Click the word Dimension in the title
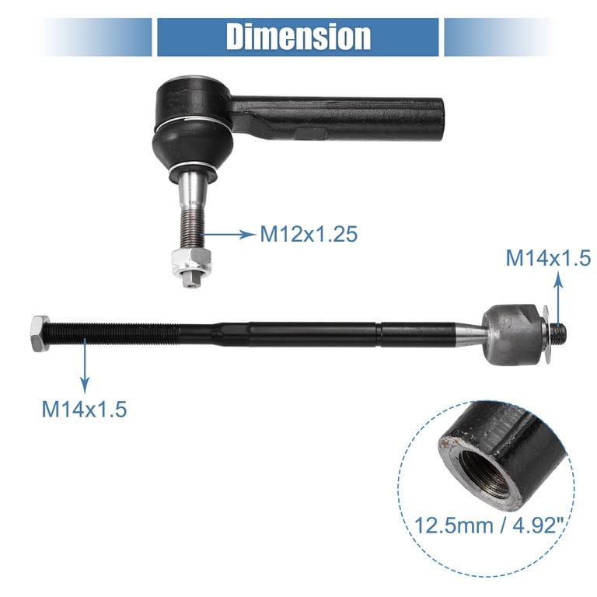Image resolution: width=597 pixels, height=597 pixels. pyautogui.click(x=298, y=37)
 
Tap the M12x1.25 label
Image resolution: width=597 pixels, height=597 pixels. pyautogui.click(x=309, y=233)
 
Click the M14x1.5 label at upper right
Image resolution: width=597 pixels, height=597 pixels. pyautogui.click(x=548, y=258)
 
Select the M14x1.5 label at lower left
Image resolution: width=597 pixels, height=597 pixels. pyautogui.click(x=84, y=408)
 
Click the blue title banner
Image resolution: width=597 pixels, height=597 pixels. pyautogui.click(x=298, y=37)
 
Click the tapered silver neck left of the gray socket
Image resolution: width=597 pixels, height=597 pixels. pyautogui.click(x=468, y=332)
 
